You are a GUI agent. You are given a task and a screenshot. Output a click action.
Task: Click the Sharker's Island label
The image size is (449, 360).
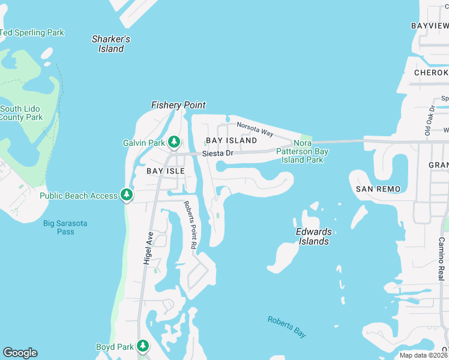pyautogui.click(x=111, y=44)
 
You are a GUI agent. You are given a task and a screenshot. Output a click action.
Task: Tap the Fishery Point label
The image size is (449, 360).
pyautogui.click(x=178, y=105)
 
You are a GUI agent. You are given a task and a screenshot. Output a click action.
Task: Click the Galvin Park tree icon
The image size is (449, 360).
pyautogui.click(x=174, y=142)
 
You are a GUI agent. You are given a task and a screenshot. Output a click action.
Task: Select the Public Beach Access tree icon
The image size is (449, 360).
pyautogui.click(x=126, y=194)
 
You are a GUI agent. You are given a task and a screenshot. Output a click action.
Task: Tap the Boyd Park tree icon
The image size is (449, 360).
pyautogui.click(x=143, y=346)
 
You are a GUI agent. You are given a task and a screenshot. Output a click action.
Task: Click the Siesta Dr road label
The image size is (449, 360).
pyautogui.click(x=217, y=154)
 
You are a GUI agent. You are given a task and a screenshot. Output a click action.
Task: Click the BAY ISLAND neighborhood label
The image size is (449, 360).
pyautogui.click(x=231, y=140)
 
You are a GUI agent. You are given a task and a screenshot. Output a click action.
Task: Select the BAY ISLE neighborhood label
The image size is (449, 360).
pyautogui.click(x=164, y=171)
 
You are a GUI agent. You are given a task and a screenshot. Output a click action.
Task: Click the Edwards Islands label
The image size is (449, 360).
pyautogui.click(x=313, y=236)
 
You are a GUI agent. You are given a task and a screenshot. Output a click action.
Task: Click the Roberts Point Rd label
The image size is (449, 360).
pyautogui.click(x=190, y=224)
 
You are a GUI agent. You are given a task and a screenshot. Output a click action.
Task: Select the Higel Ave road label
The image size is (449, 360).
pyautogui.click(x=148, y=248)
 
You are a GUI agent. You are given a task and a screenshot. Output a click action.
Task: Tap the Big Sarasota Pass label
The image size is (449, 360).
pyautogui.click(x=65, y=227)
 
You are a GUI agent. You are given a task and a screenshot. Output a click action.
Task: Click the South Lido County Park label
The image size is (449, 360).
pyautogui.click(x=22, y=113)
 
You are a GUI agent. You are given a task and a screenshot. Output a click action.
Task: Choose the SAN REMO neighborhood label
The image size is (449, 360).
pyautogui.click(x=378, y=188)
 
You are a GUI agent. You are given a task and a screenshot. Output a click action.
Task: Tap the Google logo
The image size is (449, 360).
pyautogui.click(x=20, y=353)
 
